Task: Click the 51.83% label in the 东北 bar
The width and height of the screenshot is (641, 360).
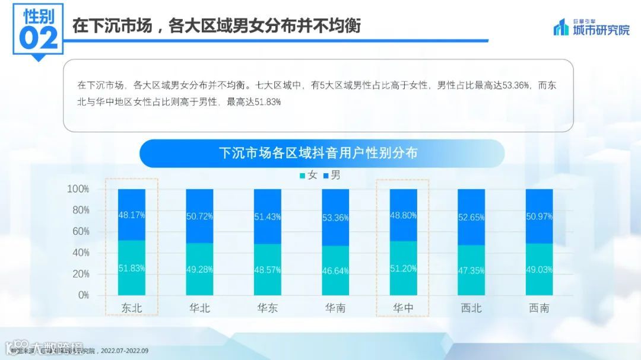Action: (132, 268)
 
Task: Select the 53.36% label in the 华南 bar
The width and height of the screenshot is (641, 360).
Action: (335, 218)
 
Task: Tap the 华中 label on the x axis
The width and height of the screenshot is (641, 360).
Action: (404, 308)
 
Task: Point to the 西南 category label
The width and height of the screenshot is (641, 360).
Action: (539, 308)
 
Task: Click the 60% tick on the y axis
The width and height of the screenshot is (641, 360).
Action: (78, 231)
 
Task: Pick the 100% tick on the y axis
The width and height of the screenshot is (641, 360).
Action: (78, 189)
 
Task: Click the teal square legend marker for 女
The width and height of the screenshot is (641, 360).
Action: (302, 176)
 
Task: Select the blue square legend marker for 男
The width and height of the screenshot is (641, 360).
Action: (325, 176)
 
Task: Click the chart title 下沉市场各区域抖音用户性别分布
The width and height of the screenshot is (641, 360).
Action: (319, 153)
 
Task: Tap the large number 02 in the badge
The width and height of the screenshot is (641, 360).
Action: (39, 37)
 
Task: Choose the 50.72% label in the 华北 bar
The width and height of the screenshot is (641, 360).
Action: (199, 216)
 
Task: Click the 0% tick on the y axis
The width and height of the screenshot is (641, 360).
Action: (82, 295)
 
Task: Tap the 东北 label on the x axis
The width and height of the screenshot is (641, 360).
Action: (132, 308)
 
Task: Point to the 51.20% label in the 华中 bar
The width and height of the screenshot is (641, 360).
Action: (404, 268)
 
